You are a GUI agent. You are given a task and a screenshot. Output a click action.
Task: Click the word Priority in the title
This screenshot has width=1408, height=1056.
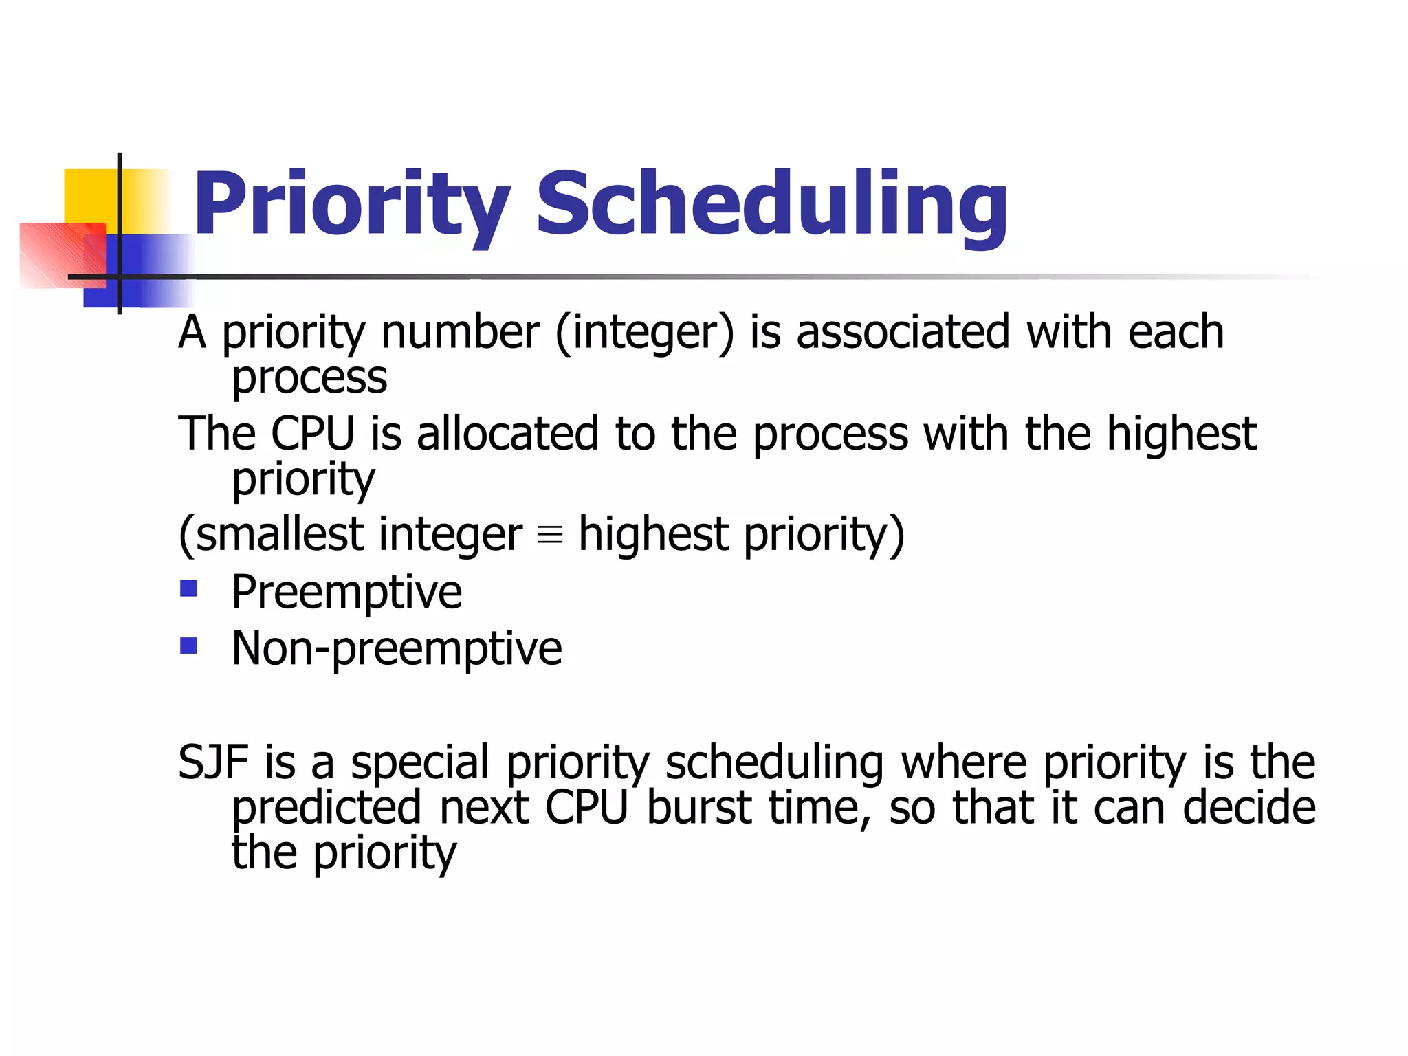[x=351, y=204]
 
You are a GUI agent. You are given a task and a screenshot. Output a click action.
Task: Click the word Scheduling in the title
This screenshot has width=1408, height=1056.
[x=771, y=204]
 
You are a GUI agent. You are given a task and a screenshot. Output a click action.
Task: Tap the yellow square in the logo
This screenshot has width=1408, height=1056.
[x=89, y=196]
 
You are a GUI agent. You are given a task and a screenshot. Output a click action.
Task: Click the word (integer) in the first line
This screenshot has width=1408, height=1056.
[x=644, y=333]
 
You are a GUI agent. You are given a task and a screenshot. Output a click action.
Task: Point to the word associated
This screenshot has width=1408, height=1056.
[x=903, y=333]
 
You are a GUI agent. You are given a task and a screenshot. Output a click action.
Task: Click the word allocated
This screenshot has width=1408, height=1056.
[x=507, y=434]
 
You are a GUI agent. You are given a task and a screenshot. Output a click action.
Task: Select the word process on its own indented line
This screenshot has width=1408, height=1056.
[x=309, y=378]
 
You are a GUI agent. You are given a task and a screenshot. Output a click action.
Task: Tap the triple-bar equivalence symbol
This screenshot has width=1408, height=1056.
[x=550, y=535]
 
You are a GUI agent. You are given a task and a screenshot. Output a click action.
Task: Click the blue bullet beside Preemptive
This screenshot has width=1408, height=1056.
[x=188, y=589]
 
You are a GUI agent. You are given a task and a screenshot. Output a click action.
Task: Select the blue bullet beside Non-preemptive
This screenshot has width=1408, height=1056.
[x=188, y=646]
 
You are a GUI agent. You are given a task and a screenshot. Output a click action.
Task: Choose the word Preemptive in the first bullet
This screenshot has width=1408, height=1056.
[x=346, y=592]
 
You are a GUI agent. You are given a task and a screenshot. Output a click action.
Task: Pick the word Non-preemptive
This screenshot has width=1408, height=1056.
[x=397, y=648]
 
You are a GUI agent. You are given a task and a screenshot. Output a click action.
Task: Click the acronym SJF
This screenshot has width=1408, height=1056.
[x=213, y=762]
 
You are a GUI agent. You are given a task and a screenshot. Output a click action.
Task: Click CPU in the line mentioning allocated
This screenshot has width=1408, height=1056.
[x=313, y=434]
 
